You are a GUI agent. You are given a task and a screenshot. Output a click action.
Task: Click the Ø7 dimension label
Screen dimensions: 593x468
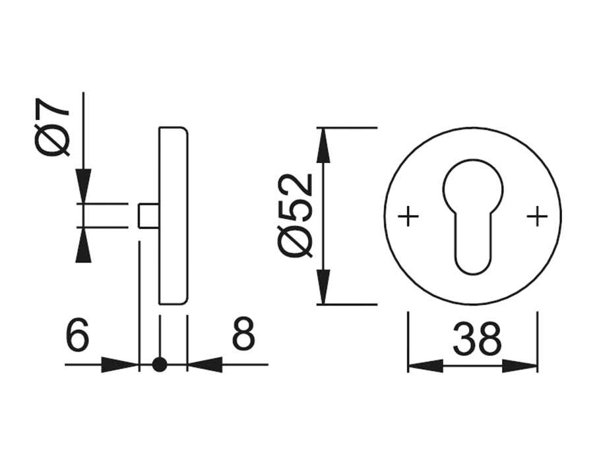point(52,127)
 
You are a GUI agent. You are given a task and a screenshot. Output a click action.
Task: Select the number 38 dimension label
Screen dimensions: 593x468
point(476,339)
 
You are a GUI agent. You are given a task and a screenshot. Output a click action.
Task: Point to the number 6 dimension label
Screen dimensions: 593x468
point(77,334)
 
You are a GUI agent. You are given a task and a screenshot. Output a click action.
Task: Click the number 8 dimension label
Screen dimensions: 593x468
point(243,334)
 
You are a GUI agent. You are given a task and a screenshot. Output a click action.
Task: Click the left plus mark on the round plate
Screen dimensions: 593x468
point(408,217)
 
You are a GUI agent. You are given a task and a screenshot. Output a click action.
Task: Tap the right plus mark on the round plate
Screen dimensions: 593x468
point(537,217)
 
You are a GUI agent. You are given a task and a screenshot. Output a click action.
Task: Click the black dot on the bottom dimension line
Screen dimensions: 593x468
point(160,365)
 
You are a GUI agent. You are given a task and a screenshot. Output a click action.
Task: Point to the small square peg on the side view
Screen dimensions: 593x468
point(148,216)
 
